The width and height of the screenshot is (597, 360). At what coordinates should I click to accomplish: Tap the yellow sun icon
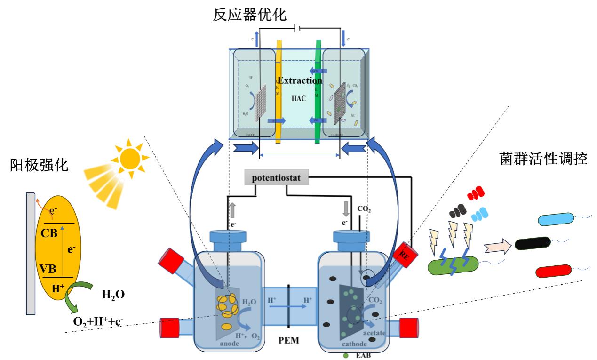point(131,159)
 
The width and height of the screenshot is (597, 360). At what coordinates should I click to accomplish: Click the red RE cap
point(404,255)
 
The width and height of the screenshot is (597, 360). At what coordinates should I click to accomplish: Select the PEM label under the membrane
point(288,340)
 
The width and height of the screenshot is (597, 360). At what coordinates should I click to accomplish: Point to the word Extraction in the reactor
point(300,80)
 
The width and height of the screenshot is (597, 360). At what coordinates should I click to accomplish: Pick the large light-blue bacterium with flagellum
point(555,219)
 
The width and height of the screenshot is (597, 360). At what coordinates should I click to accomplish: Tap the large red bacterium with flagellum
point(556,272)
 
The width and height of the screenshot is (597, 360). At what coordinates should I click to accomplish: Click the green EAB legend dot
point(346,355)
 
